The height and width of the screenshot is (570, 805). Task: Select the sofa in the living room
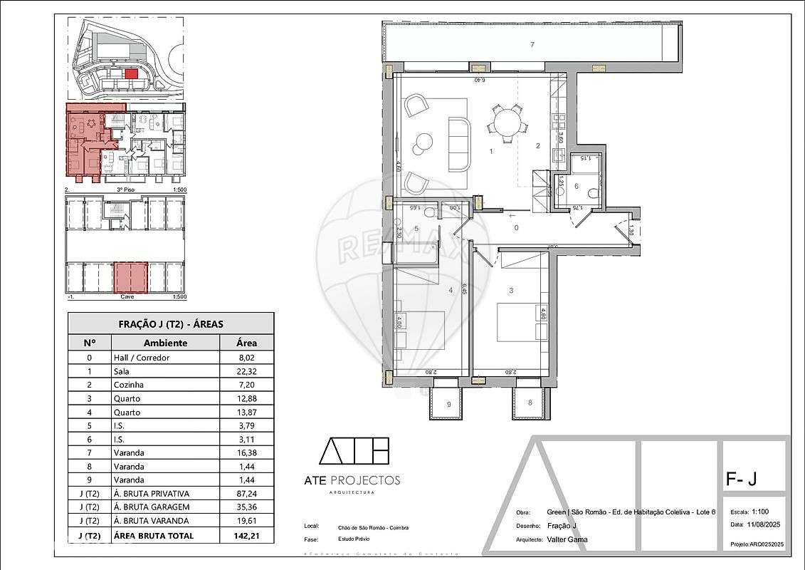point(458,143)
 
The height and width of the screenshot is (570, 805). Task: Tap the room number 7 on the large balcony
point(532,45)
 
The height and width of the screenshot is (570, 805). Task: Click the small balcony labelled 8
point(530,403)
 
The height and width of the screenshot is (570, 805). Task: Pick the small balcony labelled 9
point(448,404)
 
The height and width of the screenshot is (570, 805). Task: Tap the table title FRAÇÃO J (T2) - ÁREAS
point(171,323)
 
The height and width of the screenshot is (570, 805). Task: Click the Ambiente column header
point(165,343)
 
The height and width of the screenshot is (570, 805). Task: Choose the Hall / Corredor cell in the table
point(141,358)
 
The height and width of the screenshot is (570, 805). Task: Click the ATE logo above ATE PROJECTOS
point(354,451)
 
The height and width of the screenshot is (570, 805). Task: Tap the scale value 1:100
point(760,512)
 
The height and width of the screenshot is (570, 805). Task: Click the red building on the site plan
point(130,73)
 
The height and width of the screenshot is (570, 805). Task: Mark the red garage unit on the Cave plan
point(131,278)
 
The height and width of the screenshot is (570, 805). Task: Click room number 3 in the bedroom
point(510,291)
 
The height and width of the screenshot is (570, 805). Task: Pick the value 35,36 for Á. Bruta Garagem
point(247,507)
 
